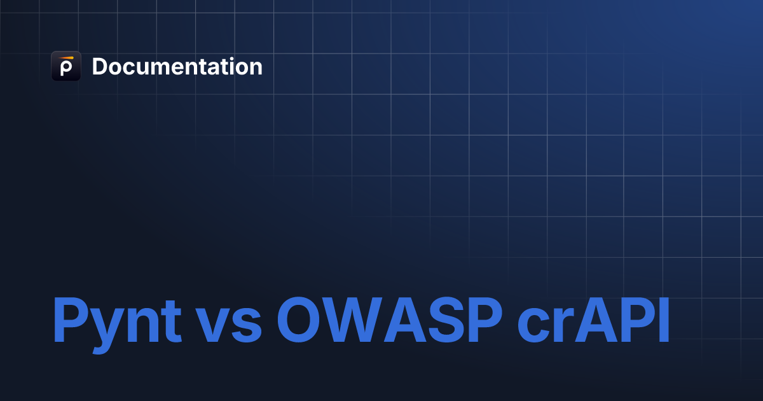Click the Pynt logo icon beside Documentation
[x=65, y=66]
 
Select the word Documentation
[x=177, y=67]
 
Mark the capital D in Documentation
[x=100, y=67]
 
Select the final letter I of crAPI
[x=663, y=320]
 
